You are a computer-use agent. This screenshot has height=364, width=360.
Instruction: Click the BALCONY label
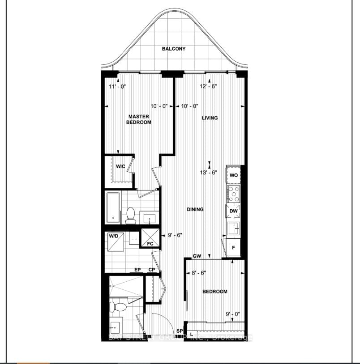click(x=174, y=49)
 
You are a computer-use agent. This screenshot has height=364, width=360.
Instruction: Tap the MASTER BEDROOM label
click(x=138, y=119)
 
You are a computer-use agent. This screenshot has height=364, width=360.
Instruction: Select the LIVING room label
click(x=210, y=118)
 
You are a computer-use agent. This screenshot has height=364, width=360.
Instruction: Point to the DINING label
click(x=195, y=209)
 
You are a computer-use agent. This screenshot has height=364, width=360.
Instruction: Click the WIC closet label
click(x=120, y=166)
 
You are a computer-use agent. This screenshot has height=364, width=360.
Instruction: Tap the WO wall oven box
click(x=233, y=175)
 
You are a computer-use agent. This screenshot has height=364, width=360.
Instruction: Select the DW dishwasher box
click(x=233, y=211)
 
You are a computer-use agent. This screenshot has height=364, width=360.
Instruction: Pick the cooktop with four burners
click(x=233, y=194)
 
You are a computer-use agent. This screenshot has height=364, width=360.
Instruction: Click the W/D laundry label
click(x=114, y=236)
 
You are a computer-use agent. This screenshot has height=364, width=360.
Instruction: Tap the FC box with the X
click(x=150, y=237)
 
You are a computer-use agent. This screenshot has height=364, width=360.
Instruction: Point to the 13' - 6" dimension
click(x=209, y=172)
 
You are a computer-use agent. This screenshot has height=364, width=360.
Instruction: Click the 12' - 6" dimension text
click(x=209, y=86)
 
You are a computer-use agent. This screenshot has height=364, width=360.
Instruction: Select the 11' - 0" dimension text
click(x=118, y=86)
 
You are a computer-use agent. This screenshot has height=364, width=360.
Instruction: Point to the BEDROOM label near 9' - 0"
click(x=215, y=292)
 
